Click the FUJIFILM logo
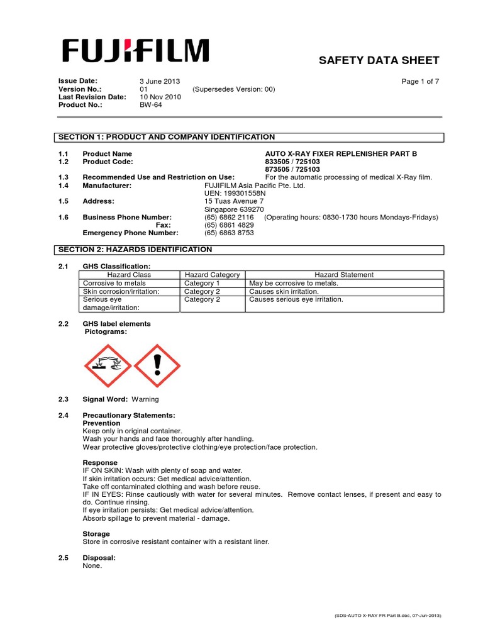tap(135, 51)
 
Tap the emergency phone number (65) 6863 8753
tap(229, 233)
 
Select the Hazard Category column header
tap(212, 275)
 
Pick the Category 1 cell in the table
tap(202, 283)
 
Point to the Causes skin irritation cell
tap(284, 292)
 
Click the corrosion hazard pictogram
tap(108, 366)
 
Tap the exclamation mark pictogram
tap(158, 366)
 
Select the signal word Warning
tap(145, 399)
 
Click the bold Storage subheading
tap(96, 533)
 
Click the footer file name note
tap(387, 617)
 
